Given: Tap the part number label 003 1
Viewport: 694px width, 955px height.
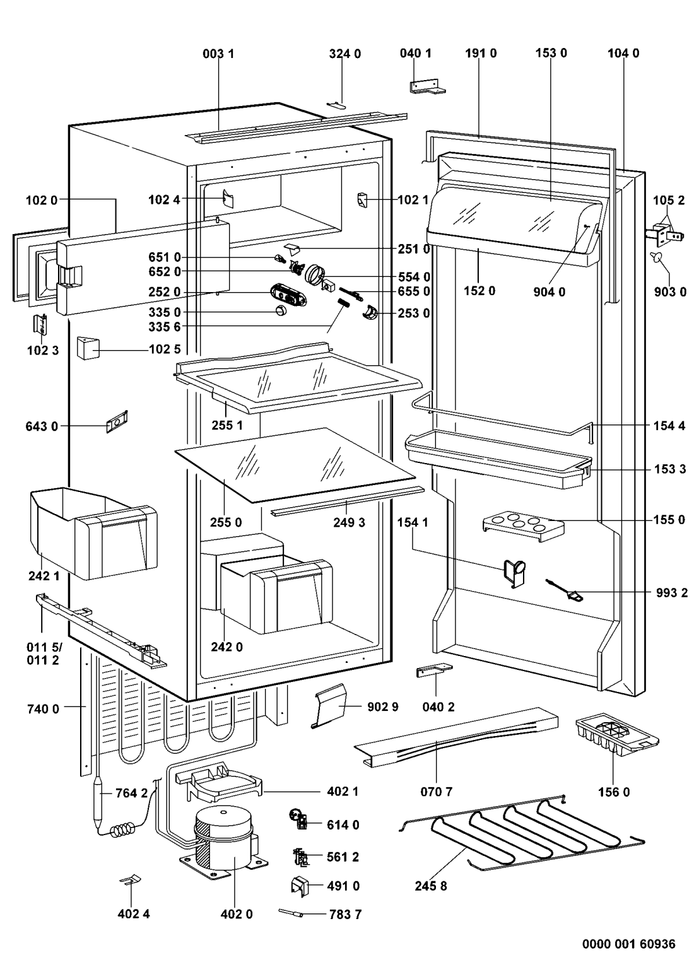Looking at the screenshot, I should [x=218, y=54].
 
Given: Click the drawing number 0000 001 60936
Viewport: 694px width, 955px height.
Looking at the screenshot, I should [x=628, y=944].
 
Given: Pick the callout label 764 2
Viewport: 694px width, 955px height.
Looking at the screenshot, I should [x=132, y=793].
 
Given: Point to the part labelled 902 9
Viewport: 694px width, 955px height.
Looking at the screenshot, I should [x=332, y=705].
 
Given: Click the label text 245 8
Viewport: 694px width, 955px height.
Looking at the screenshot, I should [x=431, y=886].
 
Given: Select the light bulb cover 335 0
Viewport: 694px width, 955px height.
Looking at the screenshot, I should [x=281, y=310].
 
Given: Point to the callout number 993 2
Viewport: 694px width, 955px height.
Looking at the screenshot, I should [x=671, y=593].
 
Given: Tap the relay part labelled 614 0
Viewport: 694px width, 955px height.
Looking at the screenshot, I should [x=299, y=819].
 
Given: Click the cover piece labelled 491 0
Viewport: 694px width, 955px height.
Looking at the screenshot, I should [x=300, y=886].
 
